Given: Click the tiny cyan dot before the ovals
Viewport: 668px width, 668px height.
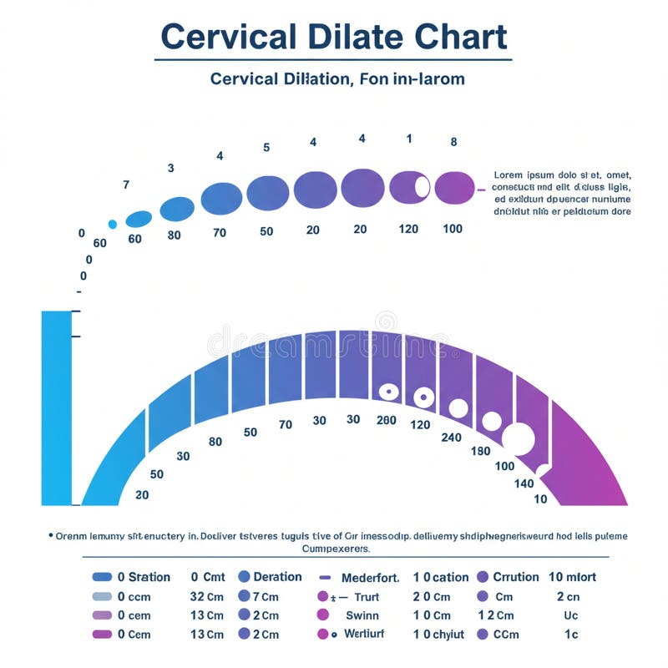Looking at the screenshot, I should coord(113,224).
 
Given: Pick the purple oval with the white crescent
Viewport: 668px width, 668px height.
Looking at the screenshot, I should coord(410,186).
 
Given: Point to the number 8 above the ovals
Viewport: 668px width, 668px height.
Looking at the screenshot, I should coord(453,142).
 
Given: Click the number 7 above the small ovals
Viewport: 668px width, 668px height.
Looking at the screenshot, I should coord(126,185).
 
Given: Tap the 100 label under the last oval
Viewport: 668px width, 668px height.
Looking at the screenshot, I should coord(452,229).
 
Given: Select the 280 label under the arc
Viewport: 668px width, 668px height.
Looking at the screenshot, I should coord(386,420).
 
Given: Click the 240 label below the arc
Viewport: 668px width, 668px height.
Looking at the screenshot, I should coord(451,437).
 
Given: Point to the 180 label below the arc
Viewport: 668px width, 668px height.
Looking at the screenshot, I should coord(480,451).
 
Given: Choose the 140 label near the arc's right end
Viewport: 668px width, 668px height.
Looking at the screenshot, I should coord(524,483).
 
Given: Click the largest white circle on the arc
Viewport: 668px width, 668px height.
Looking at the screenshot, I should coord(519,439).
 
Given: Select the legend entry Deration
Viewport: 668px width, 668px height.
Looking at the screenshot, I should coord(277,577).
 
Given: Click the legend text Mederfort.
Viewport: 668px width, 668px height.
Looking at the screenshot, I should coord(371,577).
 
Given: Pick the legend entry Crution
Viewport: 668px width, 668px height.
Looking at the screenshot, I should coord(515,577).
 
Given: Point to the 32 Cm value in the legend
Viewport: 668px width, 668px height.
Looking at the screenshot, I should coord(206,597).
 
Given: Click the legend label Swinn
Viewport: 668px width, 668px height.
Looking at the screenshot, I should coord(362,615).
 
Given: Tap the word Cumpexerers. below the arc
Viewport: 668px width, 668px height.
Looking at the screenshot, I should coord(334,549).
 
